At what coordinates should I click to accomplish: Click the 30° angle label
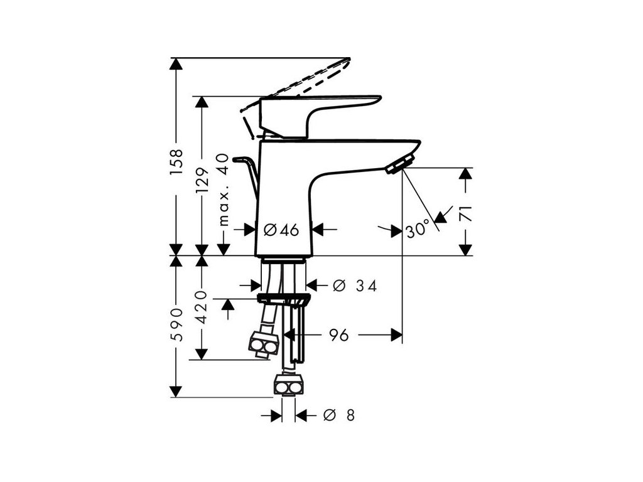point(417,230)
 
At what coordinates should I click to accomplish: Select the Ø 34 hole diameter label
point(354,286)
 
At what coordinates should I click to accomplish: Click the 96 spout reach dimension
point(339,335)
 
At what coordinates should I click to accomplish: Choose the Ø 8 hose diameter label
point(338,415)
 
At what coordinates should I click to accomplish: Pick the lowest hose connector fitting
point(289,384)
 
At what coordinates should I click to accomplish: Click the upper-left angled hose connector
point(262,345)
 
